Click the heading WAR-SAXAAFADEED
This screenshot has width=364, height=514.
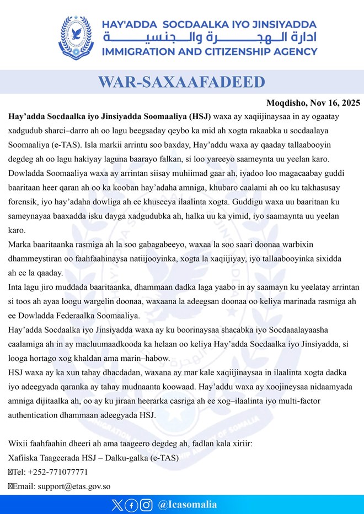181,83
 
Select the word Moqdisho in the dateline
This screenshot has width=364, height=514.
285,103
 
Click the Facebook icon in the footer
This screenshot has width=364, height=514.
131,505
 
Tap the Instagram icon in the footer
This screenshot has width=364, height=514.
146,505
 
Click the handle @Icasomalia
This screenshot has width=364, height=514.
187,505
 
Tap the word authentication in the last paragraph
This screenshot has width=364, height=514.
35,415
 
